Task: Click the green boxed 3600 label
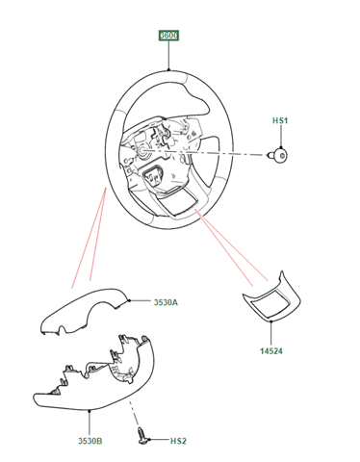[168, 36]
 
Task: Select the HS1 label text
[280, 120]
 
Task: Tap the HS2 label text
[178, 441]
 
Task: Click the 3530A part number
[166, 302]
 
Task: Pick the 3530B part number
[90, 441]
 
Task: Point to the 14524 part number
[271, 351]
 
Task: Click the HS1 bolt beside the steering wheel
[278, 156]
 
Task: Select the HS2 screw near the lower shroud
[142, 436]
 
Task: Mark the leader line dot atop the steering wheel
[168, 69]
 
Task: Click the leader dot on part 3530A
[129, 300]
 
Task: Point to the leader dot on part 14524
[271, 321]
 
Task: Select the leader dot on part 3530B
[90, 410]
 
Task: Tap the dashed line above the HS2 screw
[134, 413]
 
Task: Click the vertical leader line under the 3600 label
[168, 55]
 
